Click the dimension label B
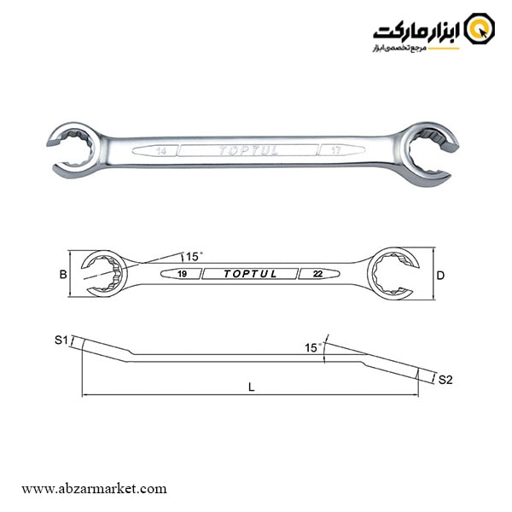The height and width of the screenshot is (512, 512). pos(62,275)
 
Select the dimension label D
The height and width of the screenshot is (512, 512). pos(440,275)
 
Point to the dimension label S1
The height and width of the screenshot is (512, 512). pos(61,340)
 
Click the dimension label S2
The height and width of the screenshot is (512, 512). pos(445,379)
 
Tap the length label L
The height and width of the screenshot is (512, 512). pos(251,387)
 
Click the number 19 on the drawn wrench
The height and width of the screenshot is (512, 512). pos(183,274)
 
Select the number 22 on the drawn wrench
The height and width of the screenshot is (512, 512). pos(317,274)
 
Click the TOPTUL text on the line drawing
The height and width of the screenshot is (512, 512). pos(250,274)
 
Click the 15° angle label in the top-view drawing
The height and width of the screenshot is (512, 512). pos(194,256)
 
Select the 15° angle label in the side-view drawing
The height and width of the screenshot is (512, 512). pos(313,347)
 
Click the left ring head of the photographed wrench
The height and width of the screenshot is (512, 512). pos(74,147)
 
